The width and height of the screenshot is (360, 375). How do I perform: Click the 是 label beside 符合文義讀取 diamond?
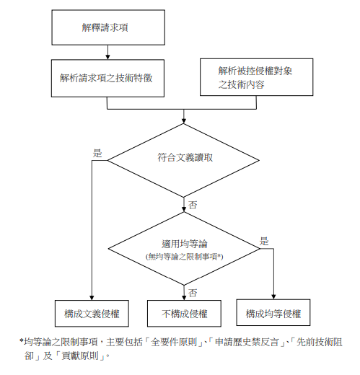(97, 154)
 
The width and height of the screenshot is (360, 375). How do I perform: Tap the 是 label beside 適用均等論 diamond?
(264, 241)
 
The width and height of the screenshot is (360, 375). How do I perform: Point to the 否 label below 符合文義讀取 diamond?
(193, 205)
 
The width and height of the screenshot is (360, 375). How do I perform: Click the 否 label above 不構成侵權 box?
(193, 293)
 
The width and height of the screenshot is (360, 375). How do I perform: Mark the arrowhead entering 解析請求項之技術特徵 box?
(107, 57)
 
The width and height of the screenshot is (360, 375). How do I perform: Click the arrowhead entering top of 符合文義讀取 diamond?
(183, 121)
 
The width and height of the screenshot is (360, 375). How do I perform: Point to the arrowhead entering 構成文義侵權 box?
(92, 298)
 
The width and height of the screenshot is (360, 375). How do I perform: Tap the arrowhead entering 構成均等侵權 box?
(273, 297)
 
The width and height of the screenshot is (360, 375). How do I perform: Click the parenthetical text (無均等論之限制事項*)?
(184, 257)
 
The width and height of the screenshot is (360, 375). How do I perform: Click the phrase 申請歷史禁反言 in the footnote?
(247, 342)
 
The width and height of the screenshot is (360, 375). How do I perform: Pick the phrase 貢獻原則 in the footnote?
(80, 356)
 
